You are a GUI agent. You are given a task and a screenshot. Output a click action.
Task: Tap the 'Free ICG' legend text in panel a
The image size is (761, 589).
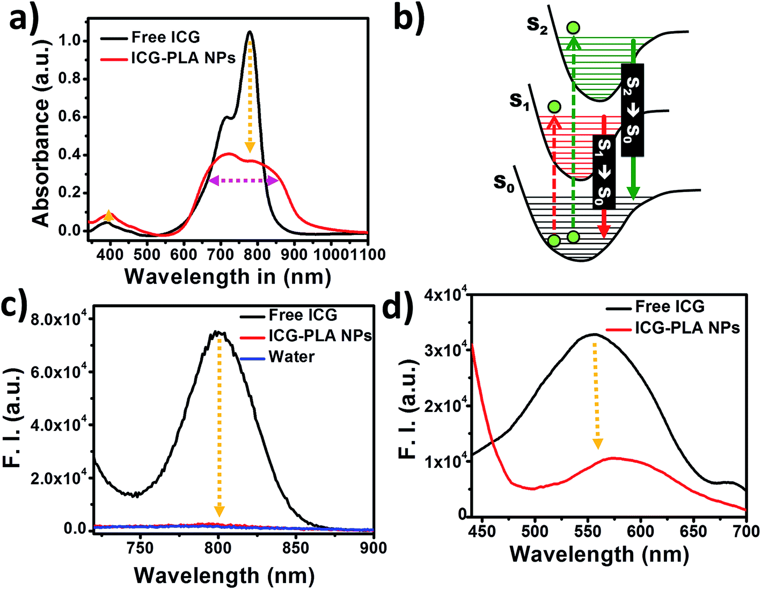coord(166,37)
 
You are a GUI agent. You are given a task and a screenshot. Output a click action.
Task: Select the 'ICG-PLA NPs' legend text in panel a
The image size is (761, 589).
coord(184,58)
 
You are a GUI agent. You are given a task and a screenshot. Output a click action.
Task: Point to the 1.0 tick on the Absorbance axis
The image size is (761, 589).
coord(69,41)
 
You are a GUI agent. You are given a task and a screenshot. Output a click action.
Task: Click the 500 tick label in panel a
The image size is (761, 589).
coord(147,254)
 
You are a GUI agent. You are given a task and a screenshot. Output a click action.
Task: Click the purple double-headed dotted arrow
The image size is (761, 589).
coord(244,181)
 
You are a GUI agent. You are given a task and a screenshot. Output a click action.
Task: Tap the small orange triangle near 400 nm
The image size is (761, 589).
coord(109,216)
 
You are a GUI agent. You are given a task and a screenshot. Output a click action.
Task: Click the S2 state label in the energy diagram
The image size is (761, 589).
coord(537,25)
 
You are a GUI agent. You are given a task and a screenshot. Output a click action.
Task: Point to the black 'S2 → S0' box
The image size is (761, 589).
coord(633,109)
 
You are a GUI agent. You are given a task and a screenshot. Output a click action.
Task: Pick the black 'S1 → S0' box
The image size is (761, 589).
coord(604,172)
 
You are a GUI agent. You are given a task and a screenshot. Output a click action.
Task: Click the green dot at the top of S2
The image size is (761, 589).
coord(573,27)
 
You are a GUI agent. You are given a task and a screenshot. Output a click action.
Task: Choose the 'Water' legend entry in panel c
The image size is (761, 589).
coord(292,357)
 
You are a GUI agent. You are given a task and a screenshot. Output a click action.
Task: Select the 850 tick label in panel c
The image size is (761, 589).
coord(296,548)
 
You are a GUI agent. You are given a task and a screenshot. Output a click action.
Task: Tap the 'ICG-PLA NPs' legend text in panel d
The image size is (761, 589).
coord(687,328)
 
